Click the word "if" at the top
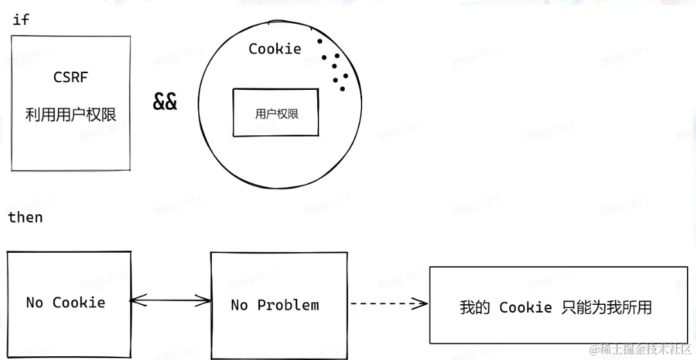[21, 20]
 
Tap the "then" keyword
[25, 218]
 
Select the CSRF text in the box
[71, 78]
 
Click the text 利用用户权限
[71, 115]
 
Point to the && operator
[165, 101]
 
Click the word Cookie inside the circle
[275, 49]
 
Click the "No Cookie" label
[65, 303]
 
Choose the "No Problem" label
[275, 305]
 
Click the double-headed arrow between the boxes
[171, 300]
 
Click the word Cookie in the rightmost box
[525, 307]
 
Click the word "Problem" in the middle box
[288, 305]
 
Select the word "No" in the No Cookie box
[34, 303]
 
